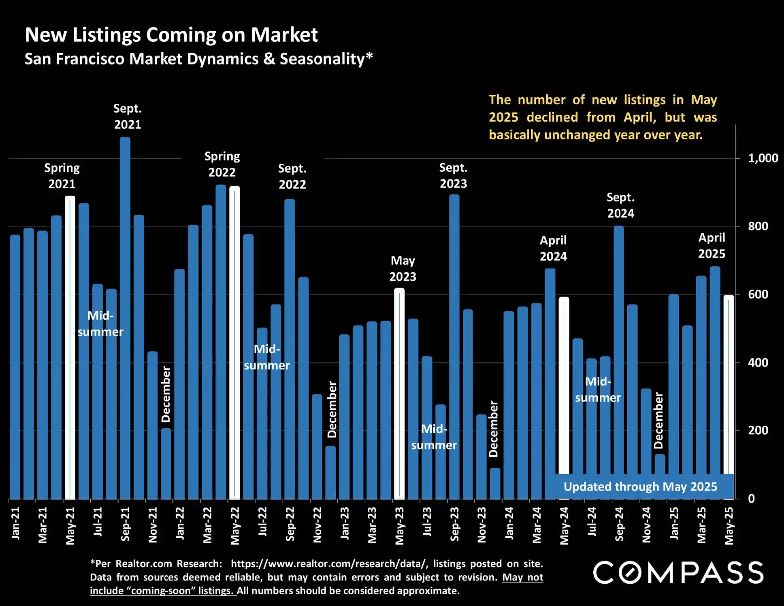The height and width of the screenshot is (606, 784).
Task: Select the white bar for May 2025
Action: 729,385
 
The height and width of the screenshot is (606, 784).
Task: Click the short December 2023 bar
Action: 495,484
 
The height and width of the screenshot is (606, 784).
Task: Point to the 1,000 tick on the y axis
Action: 763,158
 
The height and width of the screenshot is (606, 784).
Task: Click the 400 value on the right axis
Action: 758,363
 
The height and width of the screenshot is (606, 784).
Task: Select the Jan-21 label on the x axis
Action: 15,523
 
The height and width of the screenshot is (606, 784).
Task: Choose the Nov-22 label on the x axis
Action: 317,525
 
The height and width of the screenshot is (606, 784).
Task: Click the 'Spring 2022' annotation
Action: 222,164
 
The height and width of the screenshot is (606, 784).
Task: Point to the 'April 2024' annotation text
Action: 553,248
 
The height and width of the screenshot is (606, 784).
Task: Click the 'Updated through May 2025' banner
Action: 640,487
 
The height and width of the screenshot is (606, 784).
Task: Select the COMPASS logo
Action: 678,572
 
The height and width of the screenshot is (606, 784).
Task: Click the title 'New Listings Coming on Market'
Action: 171,35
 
